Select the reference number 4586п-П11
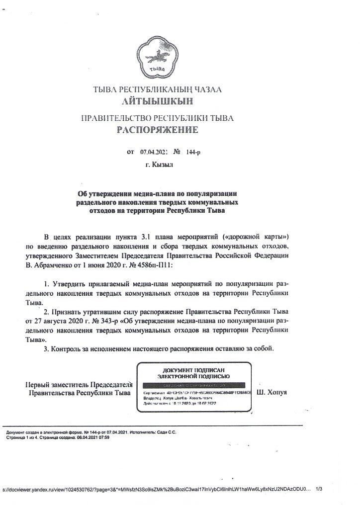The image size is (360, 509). pos(150,266)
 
